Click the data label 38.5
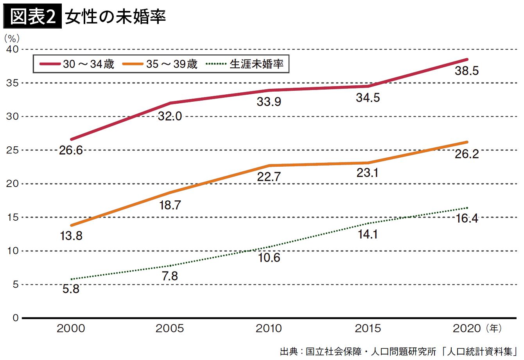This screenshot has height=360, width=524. click(467, 71)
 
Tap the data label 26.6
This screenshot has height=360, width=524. click(71, 150)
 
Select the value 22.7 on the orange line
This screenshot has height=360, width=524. click(269, 177)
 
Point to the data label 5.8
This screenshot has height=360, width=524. click(71, 289)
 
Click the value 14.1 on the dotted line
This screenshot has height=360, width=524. click(368, 234)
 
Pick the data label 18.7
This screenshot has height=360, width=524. click(170, 205)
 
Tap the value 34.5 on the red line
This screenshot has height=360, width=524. click(368, 97)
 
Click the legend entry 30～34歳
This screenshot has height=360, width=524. click(77, 64)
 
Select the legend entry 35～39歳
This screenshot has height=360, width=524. click(160, 64)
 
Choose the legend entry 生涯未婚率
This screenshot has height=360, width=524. click(245, 64)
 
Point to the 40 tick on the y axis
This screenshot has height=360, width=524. click(13, 49)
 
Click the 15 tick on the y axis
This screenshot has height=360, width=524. click(13, 217)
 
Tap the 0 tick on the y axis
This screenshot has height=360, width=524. click(15, 318)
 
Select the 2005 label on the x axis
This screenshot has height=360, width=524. click(170, 328)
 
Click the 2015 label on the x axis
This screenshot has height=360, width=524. click(368, 328)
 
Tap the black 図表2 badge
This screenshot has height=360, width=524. click(32, 16)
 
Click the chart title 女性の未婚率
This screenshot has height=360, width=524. click(115, 16)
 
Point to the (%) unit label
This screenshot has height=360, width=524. click(12, 38)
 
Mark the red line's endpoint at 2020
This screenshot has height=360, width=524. click(467, 59)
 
